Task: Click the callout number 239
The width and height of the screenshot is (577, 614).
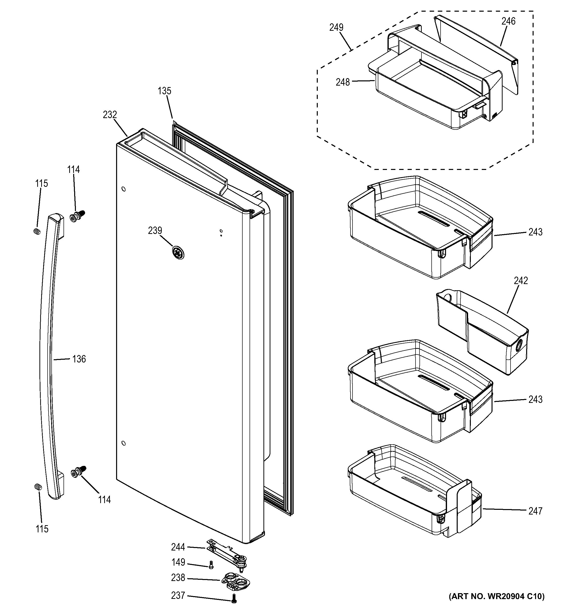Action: pyautogui.click(x=155, y=231)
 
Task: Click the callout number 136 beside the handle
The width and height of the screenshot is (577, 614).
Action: pyautogui.click(x=79, y=359)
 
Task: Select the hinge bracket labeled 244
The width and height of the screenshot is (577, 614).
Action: pyautogui.click(x=228, y=554)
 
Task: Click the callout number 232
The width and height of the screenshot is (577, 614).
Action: pyautogui.click(x=110, y=115)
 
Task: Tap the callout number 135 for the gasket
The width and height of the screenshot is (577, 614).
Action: pyautogui.click(x=164, y=91)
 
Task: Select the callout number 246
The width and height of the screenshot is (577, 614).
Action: pyautogui.click(x=508, y=21)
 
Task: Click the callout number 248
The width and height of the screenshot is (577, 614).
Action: pyautogui.click(x=343, y=82)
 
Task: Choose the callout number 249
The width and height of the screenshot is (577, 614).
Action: pyautogui.click(x=336, y=28)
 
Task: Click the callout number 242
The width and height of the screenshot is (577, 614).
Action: pyautogui.click(x=521, y=280)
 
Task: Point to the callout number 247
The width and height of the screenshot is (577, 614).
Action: pyautogui.click(x=535, y=511)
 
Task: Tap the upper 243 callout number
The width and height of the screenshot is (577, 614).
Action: pyautogui.click(x=535, y=232)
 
